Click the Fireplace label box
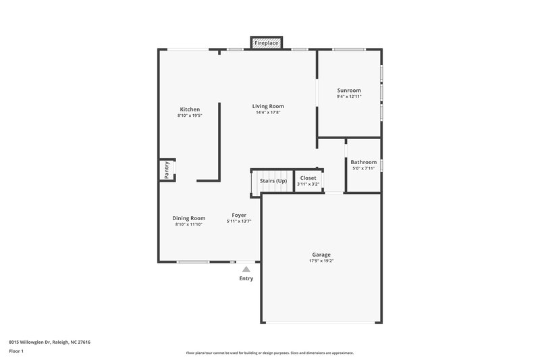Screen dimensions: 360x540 click(x=267, y=43)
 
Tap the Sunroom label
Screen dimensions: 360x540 click(x=349, y=91)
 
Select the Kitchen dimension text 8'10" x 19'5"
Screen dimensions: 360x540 click(x=190, y=115)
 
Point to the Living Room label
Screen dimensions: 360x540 click(x=268, y=106)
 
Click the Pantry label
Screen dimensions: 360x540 click(x=166, y=170)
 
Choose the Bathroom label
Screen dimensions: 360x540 click(x=363, y=162)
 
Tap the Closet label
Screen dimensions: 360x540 click(x=308, y=178)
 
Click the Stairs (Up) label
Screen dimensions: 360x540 click(x=273, y=181)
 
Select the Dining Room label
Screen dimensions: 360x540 click(x=189, y=218)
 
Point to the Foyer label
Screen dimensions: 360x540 click(x=239, y=215)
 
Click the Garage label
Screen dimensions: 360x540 click(x=321, y=255)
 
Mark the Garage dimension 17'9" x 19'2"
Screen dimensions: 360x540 click(x=321, y=261)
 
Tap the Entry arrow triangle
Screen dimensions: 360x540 click(x=246, y=269)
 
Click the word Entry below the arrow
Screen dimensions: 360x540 click(x=246, y=278)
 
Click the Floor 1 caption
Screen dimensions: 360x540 click(x=17, y=352)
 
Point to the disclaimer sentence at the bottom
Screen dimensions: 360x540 click(x=269, y=353)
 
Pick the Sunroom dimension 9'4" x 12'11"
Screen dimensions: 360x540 click(x=349, y=97)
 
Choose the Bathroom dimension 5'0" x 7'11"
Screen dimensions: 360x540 click(x=363, y=168)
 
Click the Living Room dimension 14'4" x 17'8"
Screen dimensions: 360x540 click(x=268, y=112)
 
